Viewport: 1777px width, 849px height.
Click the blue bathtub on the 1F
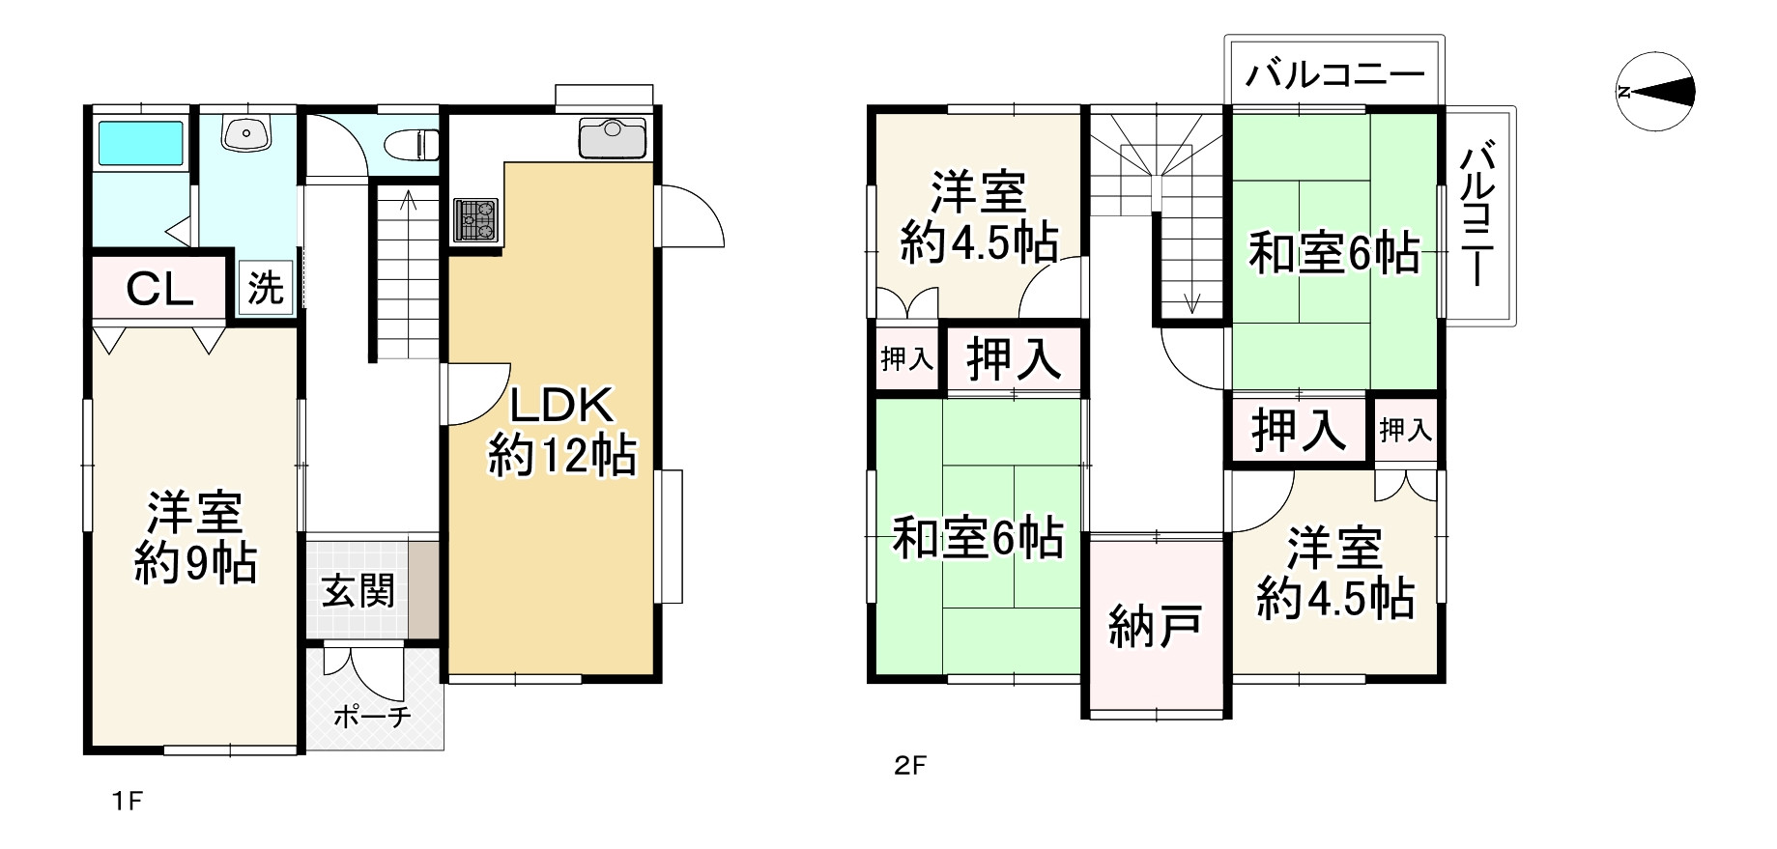tap(141, 144)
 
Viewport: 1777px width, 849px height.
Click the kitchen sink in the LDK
tap(613, 137)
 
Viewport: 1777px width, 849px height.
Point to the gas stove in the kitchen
tap(475, 219)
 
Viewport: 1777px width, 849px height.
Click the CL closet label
tap(161, 289)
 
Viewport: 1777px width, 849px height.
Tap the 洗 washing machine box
tap(266, 287)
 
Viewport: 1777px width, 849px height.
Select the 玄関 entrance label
tap(358, 590)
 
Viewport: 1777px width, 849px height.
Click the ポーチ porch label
tap(373, 717)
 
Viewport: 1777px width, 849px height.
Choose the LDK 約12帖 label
tap(562, 431)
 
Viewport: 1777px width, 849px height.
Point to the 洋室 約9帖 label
tap(195, 537)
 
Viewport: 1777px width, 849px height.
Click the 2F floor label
tap(910, 766)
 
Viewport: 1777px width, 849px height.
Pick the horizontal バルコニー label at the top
tap(1335, 74)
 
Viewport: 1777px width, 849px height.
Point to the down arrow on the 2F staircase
tap(1190, 299)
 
